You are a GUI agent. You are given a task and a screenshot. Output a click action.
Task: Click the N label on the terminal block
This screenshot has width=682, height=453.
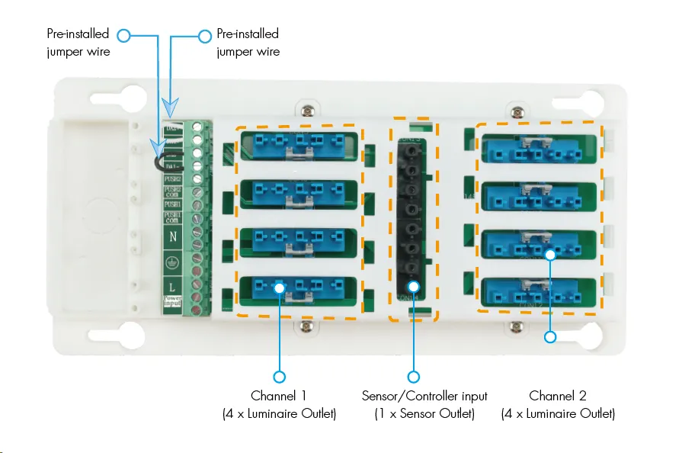coord(173,237)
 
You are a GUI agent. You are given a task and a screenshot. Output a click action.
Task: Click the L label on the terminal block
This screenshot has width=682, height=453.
coord(173,286)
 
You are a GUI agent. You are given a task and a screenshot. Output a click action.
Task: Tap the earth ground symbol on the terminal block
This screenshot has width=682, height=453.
coord(173,262)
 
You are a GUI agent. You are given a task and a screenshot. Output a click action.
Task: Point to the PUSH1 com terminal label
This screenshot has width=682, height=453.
coord(173,218)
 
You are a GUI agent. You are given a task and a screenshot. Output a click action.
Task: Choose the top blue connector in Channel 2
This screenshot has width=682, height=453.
coord(540,149)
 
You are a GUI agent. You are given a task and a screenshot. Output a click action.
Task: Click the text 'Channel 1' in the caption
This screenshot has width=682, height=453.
coord(279,396)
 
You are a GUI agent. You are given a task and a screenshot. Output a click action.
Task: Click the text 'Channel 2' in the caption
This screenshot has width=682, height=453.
coord(558,396)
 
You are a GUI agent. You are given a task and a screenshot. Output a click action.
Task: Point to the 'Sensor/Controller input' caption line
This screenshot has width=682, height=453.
coord(424,396)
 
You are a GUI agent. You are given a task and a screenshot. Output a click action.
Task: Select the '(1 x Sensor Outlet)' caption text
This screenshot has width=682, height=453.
coord(424,414)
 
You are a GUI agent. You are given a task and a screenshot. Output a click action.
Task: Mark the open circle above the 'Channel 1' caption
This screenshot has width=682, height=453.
coord(280,377)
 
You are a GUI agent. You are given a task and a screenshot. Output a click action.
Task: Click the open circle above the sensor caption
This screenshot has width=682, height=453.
coord(414,377)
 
